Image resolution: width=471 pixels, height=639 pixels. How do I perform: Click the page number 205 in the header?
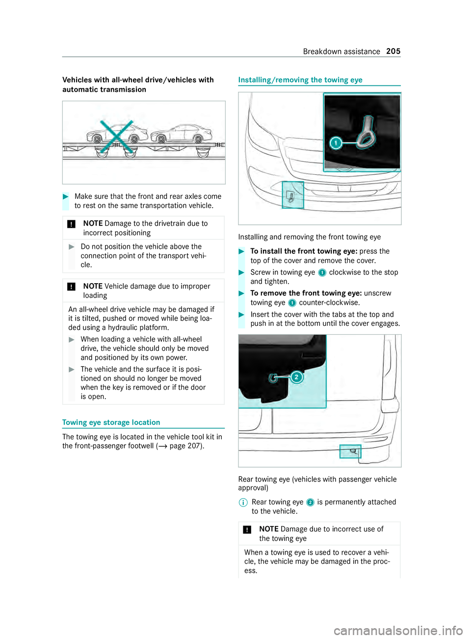click(393, 51)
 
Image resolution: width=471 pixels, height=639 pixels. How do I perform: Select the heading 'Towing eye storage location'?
click(111, 423)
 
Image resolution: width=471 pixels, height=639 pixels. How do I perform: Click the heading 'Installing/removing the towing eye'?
click(300, 80)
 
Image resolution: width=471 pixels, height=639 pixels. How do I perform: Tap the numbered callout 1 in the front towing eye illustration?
click(336, 143)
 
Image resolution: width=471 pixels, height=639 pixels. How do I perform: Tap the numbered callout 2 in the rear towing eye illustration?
click(296, 377)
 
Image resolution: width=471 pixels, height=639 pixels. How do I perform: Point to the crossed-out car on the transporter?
click(117, 135)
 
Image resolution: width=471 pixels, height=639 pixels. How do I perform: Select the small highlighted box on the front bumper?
click(293, 195)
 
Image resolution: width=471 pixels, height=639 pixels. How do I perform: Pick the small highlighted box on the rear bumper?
click(350, 452)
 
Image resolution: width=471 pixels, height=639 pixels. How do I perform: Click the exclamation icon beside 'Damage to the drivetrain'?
click(72, 224)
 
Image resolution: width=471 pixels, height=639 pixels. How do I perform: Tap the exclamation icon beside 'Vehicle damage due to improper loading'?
click(72, 287)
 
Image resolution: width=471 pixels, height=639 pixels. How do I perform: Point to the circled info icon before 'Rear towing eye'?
click(243, 503)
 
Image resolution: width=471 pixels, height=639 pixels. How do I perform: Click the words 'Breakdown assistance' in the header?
click(341, 52)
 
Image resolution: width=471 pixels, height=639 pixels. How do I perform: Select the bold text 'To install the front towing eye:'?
click(304, 251)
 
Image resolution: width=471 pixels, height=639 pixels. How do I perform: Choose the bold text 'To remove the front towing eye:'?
click(306, 293)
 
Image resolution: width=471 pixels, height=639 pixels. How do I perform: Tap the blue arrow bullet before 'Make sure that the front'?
click(66, 196)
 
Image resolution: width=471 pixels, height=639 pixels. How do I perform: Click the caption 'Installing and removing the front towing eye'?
click(309, 237)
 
